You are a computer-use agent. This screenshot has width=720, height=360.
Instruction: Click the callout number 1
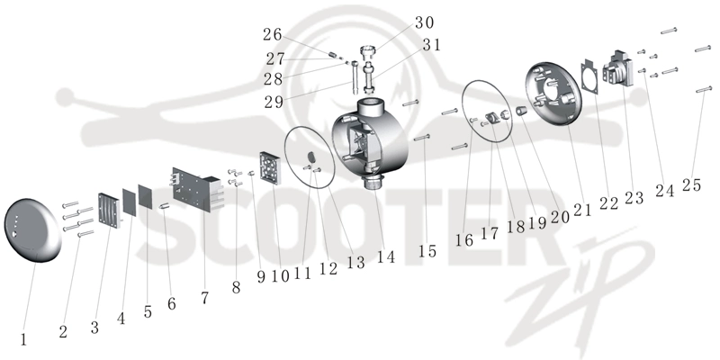23,340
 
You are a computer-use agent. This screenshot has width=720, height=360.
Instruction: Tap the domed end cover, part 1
32,230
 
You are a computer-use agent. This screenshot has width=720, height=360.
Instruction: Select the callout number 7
205,298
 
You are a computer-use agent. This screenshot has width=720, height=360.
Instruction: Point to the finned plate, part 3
109,210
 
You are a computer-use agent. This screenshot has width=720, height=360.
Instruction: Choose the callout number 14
386,257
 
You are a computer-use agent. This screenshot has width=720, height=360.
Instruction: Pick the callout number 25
691,185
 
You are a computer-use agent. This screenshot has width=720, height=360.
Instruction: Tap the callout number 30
424,22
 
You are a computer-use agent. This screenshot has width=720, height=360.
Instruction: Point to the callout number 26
272,34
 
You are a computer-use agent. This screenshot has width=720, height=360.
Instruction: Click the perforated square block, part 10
270,168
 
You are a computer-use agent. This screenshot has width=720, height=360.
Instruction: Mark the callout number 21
582,210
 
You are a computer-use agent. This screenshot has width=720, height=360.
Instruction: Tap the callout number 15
427,251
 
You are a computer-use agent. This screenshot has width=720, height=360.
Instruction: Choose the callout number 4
121,319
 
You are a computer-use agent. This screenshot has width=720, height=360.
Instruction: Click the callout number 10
280,276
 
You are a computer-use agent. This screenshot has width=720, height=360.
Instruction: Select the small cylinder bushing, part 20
521,112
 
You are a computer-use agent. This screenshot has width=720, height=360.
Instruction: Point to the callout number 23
634,198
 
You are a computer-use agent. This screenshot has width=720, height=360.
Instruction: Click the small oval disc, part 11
311,157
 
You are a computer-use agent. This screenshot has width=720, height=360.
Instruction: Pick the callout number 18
515,227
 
